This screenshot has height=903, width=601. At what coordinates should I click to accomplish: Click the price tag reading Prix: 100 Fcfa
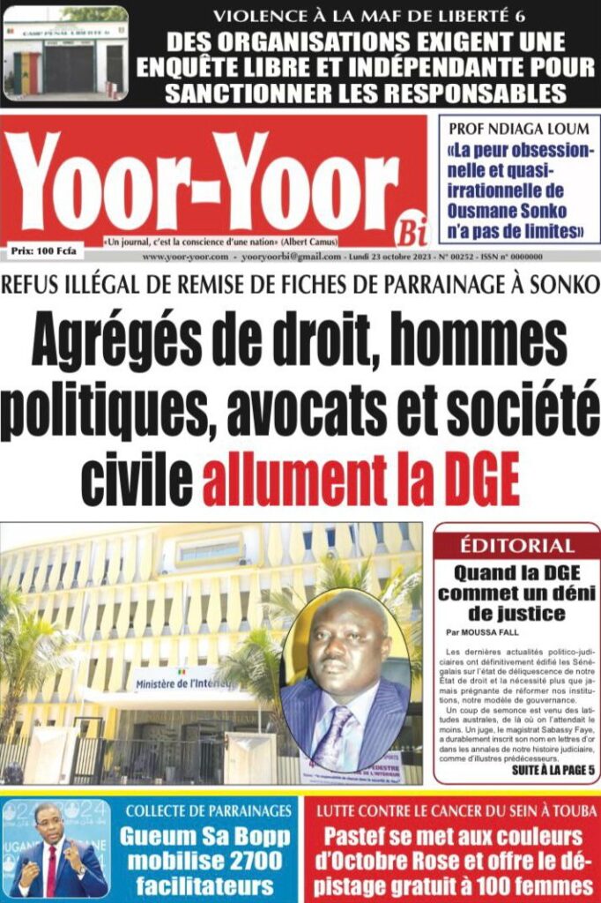pyautogui.click(x=44, y=251)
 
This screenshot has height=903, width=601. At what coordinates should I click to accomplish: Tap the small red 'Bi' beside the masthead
pyautogui.click(x=410, y=231)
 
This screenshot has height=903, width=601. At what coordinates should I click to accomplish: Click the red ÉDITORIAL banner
pyautogui.click(x=517, y=545)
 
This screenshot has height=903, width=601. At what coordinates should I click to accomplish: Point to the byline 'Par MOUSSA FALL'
pyautogui.click(x=483, y=632)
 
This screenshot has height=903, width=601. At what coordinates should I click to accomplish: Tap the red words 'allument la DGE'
pyautogui.click(x=361, y=483)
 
